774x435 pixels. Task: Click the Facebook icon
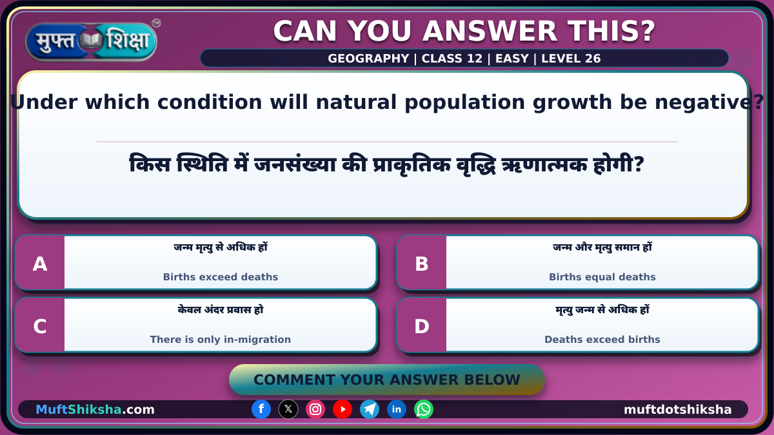tap(261, 409)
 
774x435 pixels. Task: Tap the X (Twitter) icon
tap(288, 409)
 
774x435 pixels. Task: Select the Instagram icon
tap(315, 409)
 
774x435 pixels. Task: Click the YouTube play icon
tap(342, 409)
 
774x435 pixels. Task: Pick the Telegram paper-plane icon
tap(370, 409)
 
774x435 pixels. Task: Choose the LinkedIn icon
tap(396, 409)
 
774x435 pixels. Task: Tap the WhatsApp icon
tap(424, 409)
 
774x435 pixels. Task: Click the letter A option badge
tap(40, 263)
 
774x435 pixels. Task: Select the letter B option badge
tap(422, 263)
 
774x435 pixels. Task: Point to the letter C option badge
tap(40, 325)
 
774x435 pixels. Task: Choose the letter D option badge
tap(422, 325)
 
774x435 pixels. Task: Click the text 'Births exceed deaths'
tap(221, 277)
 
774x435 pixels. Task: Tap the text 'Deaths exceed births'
tap(602, 340)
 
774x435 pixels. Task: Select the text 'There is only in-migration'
tap(221, 340)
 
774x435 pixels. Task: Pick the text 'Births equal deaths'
tap(602, 277)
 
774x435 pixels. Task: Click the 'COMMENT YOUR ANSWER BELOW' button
tap(386, 380)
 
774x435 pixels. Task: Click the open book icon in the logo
tap(91, 41)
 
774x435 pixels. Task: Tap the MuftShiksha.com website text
tap(95, 409)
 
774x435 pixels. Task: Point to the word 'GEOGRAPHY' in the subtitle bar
tap(368, 59)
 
